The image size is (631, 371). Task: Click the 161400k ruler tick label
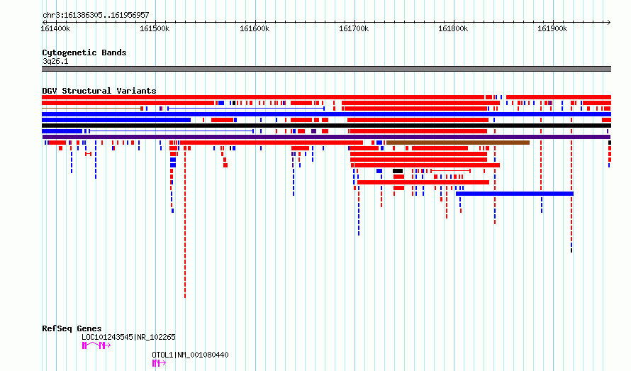(x=55, y=28)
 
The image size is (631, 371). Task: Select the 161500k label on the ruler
(x=155, y=28)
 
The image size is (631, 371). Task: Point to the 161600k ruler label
(x=255, y=28)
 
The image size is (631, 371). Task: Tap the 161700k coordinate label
(x=354, y=28)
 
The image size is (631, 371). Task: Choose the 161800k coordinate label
(x=453, y=28)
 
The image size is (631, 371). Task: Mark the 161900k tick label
(x=552, y=28)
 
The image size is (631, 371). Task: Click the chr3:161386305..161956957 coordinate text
(x=96, y=16)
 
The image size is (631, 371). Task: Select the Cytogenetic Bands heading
(x=84, y=52)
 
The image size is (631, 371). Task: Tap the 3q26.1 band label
(x=55, y=61)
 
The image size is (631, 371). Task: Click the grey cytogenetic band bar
(x=326, y=69)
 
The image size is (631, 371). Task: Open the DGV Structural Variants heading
(x=99, y=91)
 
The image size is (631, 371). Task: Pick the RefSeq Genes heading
(x=72, y=328)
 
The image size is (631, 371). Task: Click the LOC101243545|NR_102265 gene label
(x=128, y=337)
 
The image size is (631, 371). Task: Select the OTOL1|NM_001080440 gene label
(x=190, y=355)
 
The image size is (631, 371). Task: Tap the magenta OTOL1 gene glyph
(x=159, y=363)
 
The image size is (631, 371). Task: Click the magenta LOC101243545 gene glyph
(x=96, y=345)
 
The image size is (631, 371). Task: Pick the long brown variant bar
(x=458, y=143)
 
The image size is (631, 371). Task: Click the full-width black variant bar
(x=326, y=126)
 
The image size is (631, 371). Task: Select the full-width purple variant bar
(x=326, y=137)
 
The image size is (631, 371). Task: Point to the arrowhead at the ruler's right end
(x=609, y=23)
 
